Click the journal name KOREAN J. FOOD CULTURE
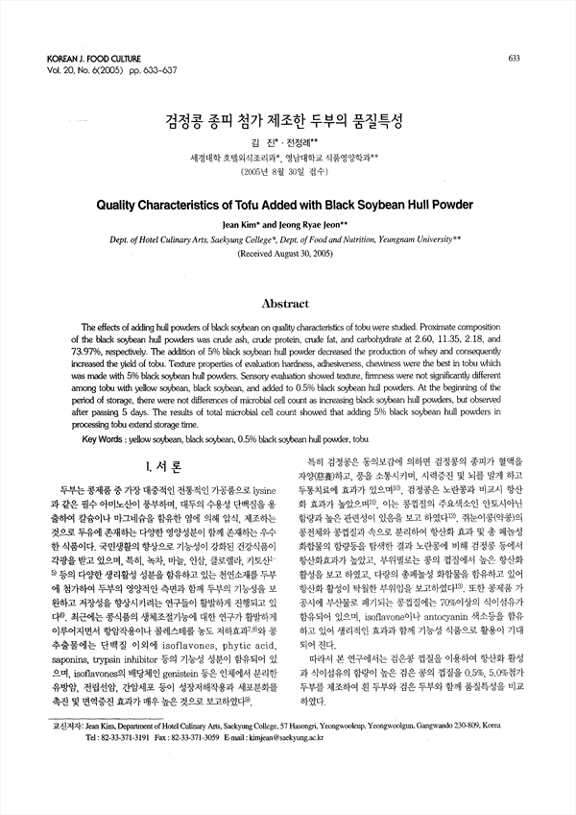[92, 59]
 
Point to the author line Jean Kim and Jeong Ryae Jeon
[289, 223]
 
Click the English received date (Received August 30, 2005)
[289, 254]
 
